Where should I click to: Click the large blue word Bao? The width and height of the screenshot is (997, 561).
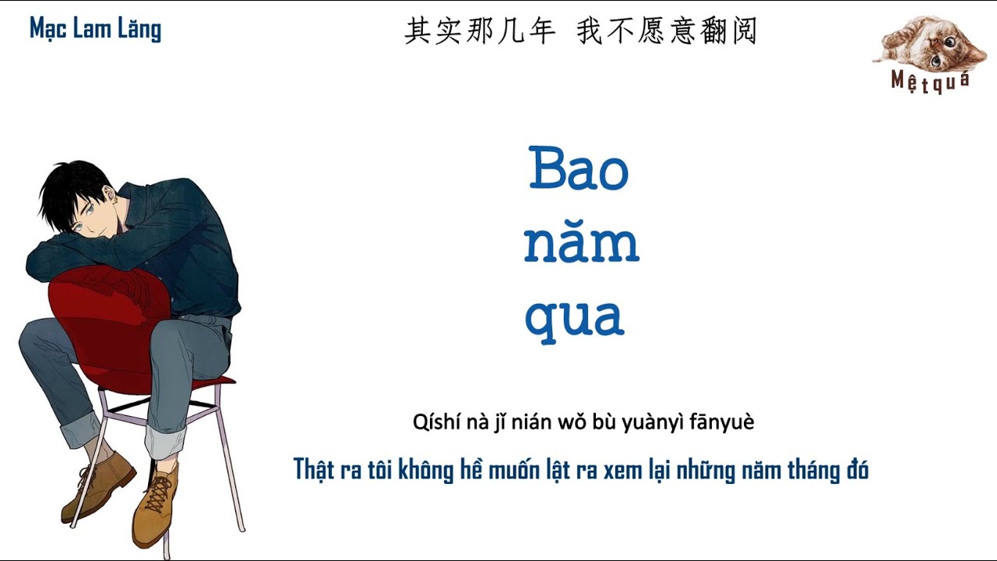579,168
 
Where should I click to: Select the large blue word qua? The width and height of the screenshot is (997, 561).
574,318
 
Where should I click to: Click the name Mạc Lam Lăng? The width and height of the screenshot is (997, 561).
95,29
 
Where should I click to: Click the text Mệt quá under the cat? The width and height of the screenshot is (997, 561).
930,83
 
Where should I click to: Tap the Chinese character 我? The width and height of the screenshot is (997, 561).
590,31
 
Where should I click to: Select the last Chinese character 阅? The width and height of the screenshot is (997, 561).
744,31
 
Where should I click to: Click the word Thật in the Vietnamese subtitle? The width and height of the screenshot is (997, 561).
314,469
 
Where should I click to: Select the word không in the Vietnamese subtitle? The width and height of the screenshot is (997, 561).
425,469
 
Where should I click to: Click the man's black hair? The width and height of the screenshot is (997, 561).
71,187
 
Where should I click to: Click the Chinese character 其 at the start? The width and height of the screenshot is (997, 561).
418,31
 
